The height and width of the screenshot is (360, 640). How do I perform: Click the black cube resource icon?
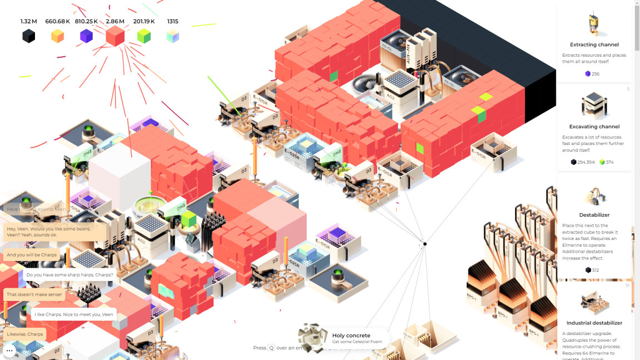coord(29,37)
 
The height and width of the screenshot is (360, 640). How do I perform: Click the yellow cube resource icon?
coord(57,37)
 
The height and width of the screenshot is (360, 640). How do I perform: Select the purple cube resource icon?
coord(86,37)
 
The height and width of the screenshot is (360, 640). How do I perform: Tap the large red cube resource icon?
coord(115,36)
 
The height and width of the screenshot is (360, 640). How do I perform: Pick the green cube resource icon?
coord(144,37)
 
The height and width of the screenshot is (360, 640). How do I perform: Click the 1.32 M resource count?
coord(29,22)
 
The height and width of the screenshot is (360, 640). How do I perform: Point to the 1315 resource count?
coord(173,22)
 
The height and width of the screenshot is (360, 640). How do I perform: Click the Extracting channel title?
coord(594,44)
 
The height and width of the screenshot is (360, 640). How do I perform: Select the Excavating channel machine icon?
coord(594,105)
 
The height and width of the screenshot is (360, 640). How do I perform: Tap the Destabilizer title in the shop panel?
coord(594,215)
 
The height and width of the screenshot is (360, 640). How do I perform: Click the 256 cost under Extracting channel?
coord(596,74)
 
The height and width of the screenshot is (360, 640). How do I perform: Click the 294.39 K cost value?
coord(586,162)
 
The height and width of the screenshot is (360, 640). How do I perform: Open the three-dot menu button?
coord(9,351)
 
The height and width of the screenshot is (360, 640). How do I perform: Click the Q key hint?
coord(271,348)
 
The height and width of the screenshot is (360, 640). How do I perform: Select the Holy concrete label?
coord(351,336)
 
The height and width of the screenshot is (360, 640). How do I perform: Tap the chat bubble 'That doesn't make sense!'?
coord(34,294)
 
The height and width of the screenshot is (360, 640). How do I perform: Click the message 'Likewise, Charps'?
coord(25,334)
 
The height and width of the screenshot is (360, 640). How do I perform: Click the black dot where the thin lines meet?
coord(425,244)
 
